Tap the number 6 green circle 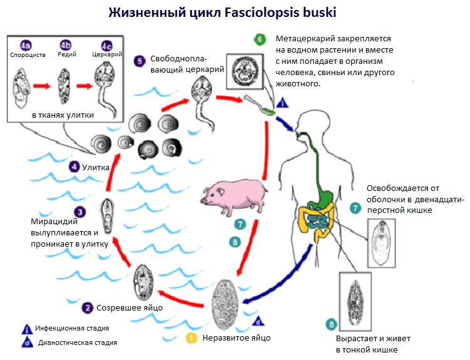[259, 39]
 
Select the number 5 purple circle [140, 61]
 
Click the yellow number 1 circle [192, 339]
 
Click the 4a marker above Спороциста [25, 45]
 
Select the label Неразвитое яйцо [236, 339]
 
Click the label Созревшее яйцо [130, 307]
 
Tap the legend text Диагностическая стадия [78, 342]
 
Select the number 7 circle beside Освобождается [355, 207]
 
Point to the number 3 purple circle [80, 212]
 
